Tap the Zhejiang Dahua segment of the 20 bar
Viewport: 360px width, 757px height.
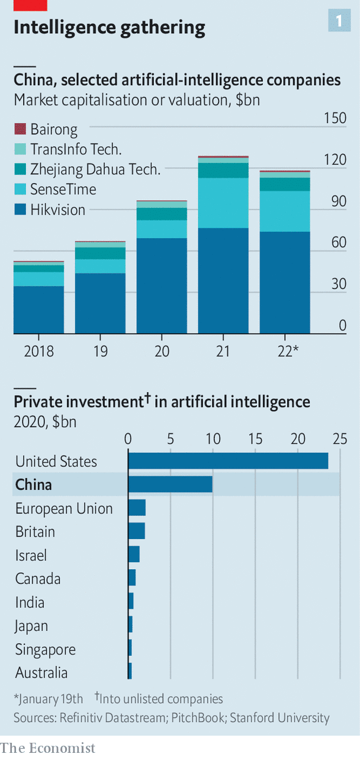pyautogui.click(x=162, y=214)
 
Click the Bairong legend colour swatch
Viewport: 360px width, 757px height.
pyautogui.click(x=20, y=129)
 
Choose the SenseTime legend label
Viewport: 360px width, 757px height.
pyautogui.click(x=63, y=190)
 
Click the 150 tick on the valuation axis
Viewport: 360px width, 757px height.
pyautogui.click(x=335, y=118)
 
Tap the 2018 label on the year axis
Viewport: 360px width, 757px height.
pyautogui.click(x=39, y=351)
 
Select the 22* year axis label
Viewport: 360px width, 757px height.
pyautogui.click(x=287, y=351)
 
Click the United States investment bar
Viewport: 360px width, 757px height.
pyautogui.click(x=229, y=461)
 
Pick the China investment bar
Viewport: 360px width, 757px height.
pyautogui.click(x=171, y=485)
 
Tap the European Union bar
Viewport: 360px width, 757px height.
pyautogui.click(x=137, y=508)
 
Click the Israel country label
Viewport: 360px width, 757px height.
pyautogui.click(x=31, y=555)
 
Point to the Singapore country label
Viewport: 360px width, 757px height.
pyautogui.click(x=46, y=649)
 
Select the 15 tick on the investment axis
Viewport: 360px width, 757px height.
pyautogui.click(x=255, y=439)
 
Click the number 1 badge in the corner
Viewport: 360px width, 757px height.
pyautogui.click(x=339, y=21)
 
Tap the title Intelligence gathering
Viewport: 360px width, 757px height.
pyautogui.click(x=110, y=27)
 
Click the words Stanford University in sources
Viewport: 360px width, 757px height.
pyautogui.click(x=279, y=718)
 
